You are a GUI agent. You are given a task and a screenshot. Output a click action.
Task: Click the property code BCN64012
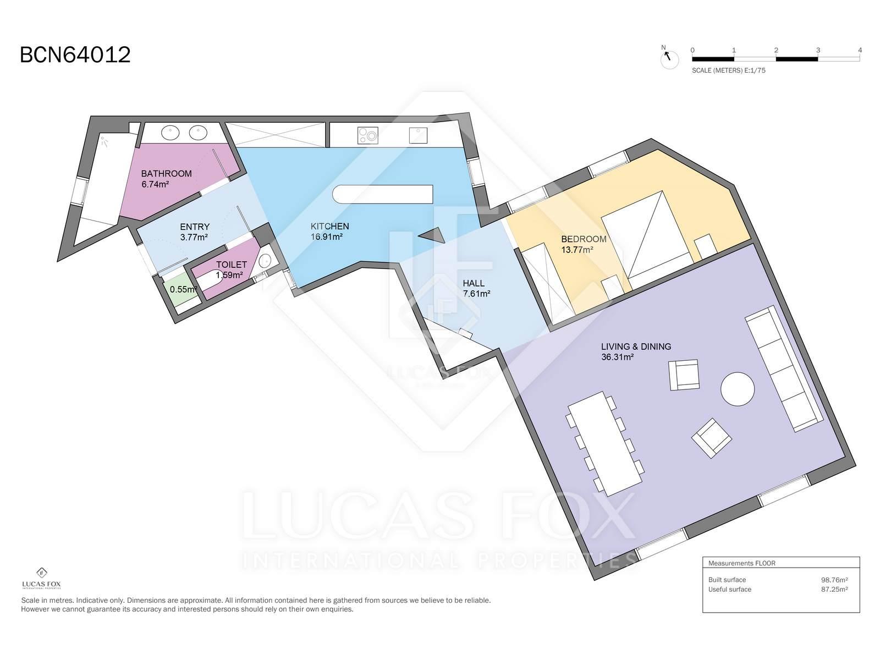[x=75, y=55]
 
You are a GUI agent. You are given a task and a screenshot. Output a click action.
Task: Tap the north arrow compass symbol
[x=669, y=58]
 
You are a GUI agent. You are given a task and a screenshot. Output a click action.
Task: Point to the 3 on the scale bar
[x=818, y=50]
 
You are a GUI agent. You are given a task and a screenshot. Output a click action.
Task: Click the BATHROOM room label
[x=166, y=173]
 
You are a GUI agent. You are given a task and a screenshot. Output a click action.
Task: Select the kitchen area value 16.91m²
[x=326, y=237]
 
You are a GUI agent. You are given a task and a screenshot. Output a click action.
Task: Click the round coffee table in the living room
[x=738, y=389]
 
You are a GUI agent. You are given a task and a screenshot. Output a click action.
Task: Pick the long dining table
[x=604, y=444]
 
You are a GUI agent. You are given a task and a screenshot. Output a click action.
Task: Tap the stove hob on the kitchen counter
[x=367, y=135]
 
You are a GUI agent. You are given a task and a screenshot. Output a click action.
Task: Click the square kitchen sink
[x=418, y=135]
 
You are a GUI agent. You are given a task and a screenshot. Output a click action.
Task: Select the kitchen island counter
[x=382, y=194]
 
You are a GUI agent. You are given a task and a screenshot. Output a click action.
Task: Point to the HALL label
[x=474, y=283]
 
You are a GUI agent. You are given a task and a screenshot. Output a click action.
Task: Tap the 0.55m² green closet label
[x=183, y=289]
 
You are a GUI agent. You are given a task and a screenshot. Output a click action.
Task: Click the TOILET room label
[x=232, y=265]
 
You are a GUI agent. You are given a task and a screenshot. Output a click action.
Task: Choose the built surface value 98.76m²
[x=834, y=580]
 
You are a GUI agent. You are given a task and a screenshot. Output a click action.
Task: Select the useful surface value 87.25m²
[x=834, y=590]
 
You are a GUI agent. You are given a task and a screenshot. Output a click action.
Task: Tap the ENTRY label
[x=195, y=227]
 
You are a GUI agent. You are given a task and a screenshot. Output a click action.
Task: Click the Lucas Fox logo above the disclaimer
[x=41, y=578]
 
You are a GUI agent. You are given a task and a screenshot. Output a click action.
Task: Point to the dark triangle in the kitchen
[x=434, y=235]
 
